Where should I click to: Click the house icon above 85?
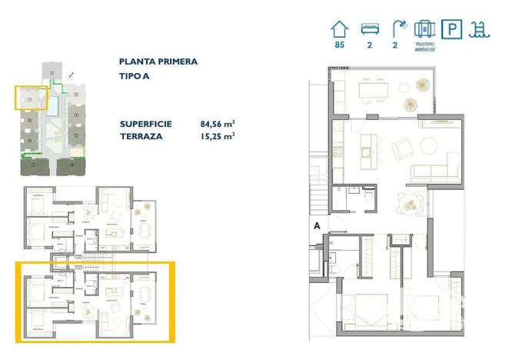click(x=340, y=30)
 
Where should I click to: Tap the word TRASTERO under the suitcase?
click(x=425, y=45)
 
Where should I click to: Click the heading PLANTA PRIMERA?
click(x=158, y=62)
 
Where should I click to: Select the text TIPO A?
click(x=135, y=75)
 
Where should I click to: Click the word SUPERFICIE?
click(x=146, y=124)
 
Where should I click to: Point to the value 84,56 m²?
click(x=218, y=123)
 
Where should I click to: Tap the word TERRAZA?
click(x=140, y=136)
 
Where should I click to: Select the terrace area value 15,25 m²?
click(x=218, y=135)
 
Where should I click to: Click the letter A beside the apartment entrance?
click(x=316, y=225)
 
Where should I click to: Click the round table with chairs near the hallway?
click(x=408, y=204)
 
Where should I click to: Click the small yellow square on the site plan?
click(x=31, y=98)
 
